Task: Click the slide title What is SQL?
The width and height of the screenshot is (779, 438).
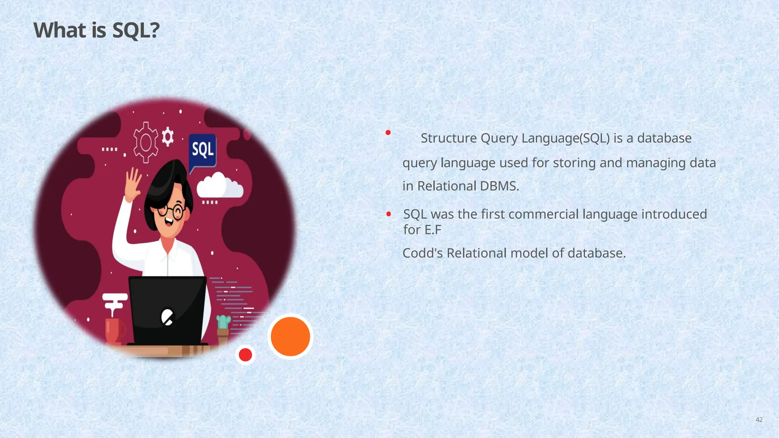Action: click(96, 30)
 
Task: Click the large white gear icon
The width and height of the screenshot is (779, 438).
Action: click(145, 143)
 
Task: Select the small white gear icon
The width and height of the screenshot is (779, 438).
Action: click(168, 136)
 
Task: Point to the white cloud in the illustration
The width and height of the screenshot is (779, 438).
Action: click(219, 186)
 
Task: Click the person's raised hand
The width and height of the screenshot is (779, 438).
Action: click(133, 184)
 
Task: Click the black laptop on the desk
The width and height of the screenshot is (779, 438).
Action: click(167, 310)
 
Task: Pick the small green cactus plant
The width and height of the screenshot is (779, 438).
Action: click(223, 322)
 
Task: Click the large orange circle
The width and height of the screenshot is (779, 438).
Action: click(290, 336)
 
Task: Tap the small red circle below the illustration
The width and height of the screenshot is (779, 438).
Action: click(245, 355)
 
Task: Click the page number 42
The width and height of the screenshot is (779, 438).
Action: click(759, 420)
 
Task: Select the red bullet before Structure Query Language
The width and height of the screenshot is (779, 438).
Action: click(388, 132)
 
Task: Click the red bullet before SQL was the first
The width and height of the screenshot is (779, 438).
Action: click(388, 214)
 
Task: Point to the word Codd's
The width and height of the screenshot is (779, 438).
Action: click(423, 253)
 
